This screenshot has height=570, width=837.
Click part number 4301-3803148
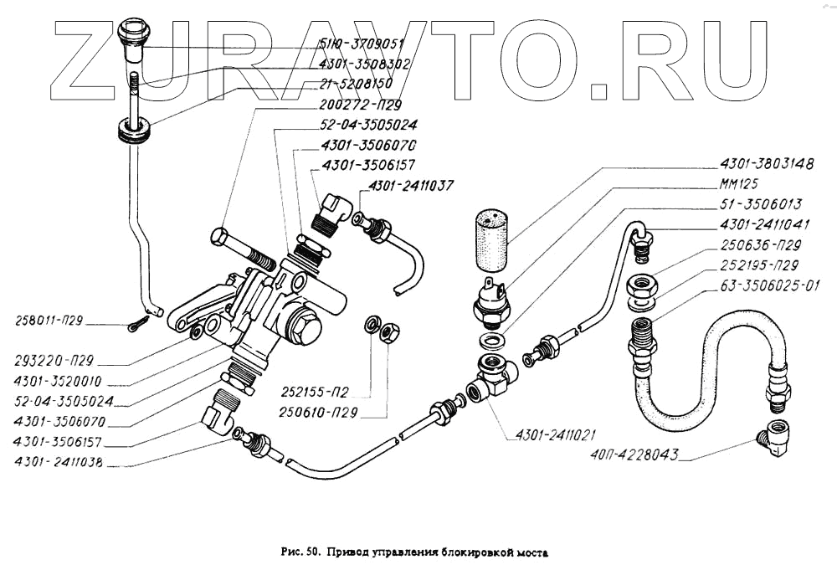tap(767, 165)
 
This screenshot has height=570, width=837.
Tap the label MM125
tap(740, 185)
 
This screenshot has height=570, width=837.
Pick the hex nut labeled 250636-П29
tap(645, 290)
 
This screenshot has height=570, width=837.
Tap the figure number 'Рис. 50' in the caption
tap(300, 552)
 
